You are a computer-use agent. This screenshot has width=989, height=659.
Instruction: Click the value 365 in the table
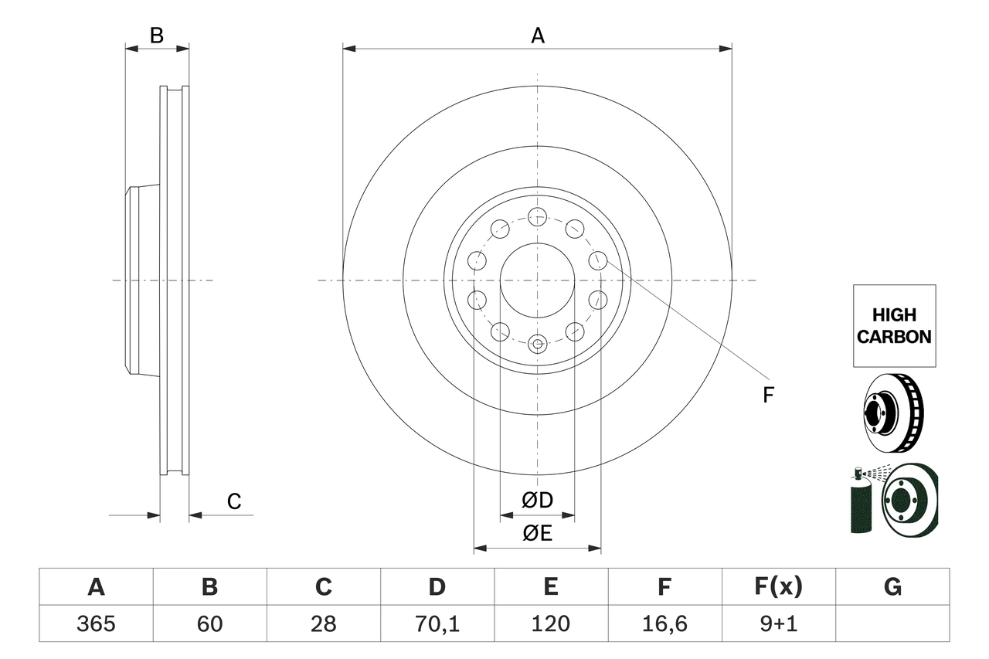[96, 623]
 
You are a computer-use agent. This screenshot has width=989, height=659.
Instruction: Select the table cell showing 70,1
[437, 623]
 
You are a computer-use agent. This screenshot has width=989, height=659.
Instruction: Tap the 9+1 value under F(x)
[779, 623]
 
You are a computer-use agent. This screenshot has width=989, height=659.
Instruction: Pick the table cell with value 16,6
[664, 623]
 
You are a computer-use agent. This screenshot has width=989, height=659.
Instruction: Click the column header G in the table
[892, 587]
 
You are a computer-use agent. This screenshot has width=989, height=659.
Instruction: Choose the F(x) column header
[779, 587]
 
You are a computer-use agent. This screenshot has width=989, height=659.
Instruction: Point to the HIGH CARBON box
[894, 325]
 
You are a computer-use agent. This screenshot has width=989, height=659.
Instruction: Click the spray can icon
[860, 503]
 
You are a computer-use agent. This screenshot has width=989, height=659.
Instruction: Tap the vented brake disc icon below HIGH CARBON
[892, 413]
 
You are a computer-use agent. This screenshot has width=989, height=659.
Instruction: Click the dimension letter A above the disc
[537, 36]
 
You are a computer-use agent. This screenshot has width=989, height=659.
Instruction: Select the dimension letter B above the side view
[157, 36]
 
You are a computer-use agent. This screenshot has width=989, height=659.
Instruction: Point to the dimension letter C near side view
[234, 501]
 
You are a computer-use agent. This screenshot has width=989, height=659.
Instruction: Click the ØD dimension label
[538, 501]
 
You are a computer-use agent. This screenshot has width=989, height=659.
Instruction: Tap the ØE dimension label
[538, 533]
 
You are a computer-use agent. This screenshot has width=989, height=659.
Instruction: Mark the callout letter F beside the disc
[768, 396]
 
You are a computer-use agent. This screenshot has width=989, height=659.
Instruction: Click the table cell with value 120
[551, 623]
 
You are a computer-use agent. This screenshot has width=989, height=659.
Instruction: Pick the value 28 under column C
[323, 623]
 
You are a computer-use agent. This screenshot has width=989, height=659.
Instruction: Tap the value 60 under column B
[209, 623]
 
